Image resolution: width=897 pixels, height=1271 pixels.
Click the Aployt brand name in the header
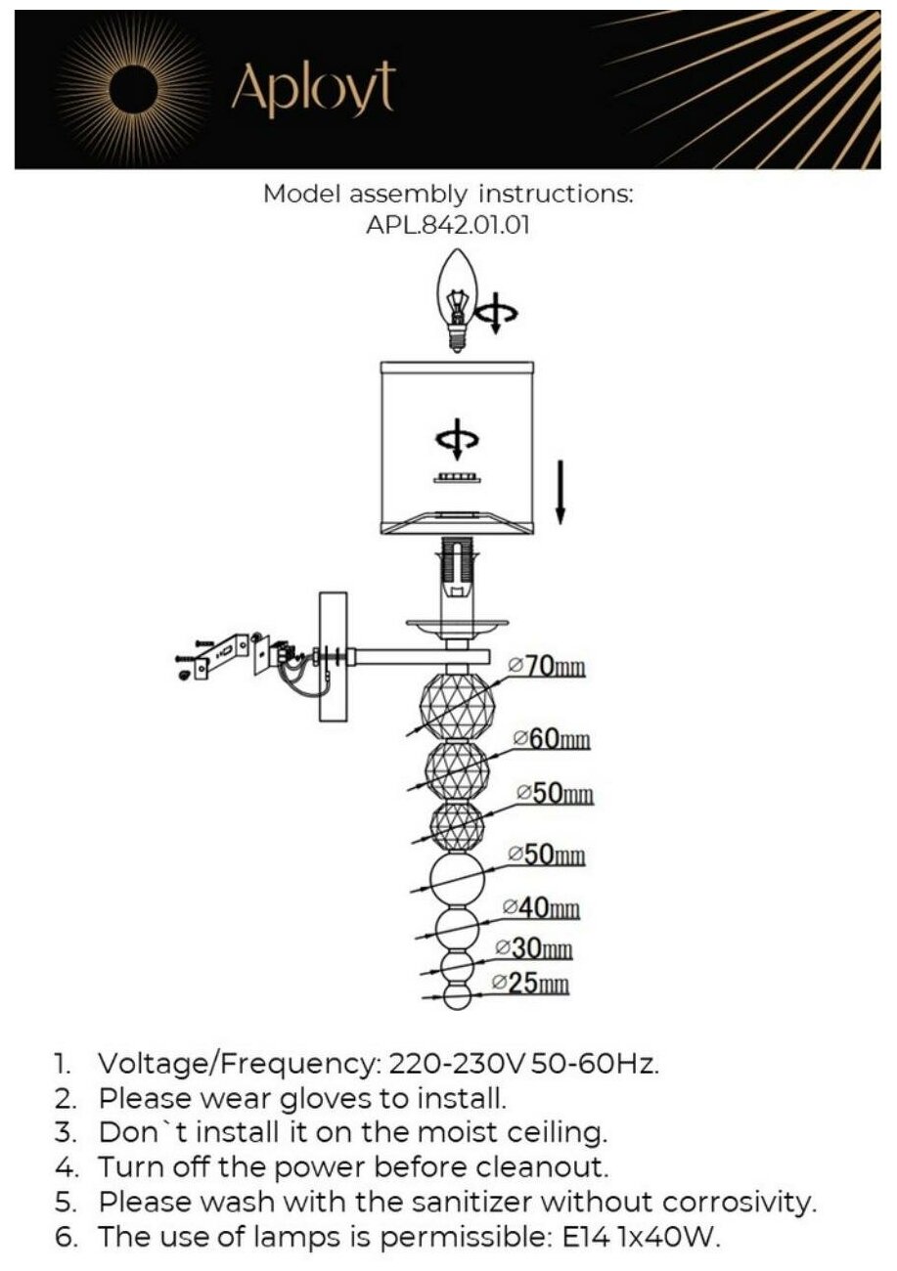point(313,89)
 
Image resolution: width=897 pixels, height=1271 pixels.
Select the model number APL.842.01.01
point(448,224)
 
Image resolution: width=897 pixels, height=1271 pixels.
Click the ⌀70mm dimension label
point(549,668)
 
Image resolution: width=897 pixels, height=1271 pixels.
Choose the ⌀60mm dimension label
point(552,738)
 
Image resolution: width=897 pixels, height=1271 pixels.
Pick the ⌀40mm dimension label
point(541,908)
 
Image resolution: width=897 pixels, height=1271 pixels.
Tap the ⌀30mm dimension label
point(534,948)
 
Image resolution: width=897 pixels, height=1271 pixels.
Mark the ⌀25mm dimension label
point(530,984)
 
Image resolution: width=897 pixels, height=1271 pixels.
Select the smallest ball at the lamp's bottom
point(457,998)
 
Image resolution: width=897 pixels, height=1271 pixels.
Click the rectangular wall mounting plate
point(334,656)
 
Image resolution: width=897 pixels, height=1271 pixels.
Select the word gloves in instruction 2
point(327,1099)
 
